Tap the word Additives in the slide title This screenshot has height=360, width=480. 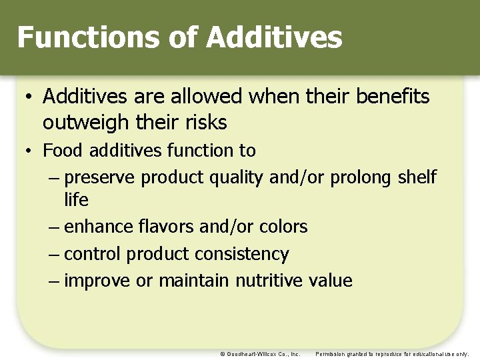click(274, 37)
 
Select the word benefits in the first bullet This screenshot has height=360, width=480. click(393, 97)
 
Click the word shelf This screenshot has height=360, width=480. click(417, 177)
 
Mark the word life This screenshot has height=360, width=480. click(76, 199)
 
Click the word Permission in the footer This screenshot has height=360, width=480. click(331, 354)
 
